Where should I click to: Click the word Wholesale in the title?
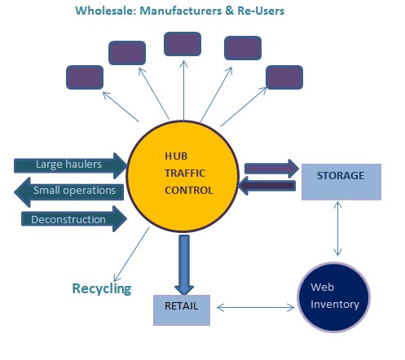(106, 11)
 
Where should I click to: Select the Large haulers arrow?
(70, 165)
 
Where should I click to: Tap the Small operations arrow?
(69, 192)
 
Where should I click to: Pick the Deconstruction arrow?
(74, 219)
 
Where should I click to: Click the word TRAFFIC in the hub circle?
(185, 173)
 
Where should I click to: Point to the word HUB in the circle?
(176, 156)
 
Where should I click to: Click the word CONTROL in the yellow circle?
(189, 191)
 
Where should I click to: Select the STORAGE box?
(341, 182)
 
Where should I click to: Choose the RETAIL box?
(182, 310)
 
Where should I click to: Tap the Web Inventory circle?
(334, 296)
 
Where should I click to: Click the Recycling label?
(102, 288)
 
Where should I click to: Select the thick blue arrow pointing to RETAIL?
(184, 265)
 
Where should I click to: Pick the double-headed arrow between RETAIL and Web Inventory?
(256, 308)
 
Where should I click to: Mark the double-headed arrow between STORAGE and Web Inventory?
(337, 229)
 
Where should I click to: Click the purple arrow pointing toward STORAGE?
(271, 169)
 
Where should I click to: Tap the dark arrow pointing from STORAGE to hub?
(266, 186)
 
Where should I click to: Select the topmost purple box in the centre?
(183, 44)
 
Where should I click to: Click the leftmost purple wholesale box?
(85, 77)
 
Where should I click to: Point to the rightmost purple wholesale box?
(284, 77)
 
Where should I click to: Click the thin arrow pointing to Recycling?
(132, 254)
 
